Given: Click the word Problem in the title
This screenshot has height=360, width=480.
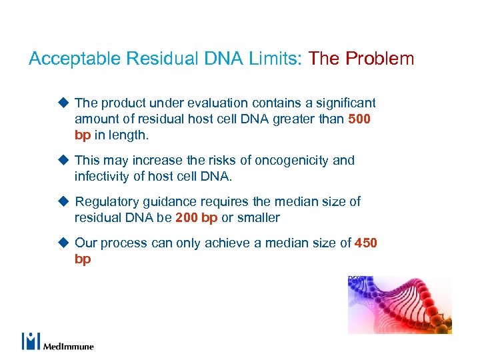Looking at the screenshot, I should tap(380, 59).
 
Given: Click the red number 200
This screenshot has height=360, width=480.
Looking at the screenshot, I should tap(187, 218).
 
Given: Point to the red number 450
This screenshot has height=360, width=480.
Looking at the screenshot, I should tap(366, 243).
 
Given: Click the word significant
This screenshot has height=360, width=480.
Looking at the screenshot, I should tap(343, 103).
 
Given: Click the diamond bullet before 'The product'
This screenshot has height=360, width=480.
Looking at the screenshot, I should tap(63, 103).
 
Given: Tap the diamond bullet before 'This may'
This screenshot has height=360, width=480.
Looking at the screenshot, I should tap(63, 160).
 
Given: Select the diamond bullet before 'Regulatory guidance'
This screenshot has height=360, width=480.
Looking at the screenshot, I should tap(63, 201).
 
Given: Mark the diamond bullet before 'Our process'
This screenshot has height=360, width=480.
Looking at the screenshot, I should tap(63, 243).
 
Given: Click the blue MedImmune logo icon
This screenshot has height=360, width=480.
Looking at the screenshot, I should tap(31, 341).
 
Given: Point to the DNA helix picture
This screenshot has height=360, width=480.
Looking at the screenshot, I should tap(399, 305).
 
